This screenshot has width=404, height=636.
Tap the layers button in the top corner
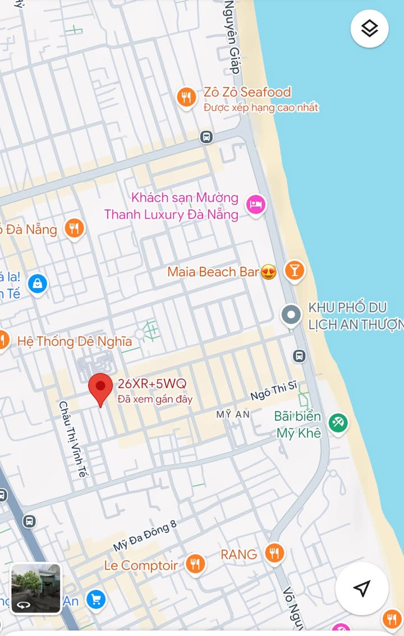pyautogui.click(x=369, y=29)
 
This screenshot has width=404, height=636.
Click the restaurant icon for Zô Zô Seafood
pyautogui.click(x=186, y=98)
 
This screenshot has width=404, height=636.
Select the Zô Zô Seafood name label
pyautogui.click(x=247, y=92)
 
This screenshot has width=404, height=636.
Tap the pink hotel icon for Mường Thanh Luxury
pyautogui.click(x=256, y=204)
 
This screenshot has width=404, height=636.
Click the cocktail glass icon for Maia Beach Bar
pyautogui.click(x=293, y=271)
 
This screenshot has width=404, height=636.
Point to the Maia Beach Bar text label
pyautogui.click(x=213, y=272)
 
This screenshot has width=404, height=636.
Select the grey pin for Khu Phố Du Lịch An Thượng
pyautogui.click(x=291, y=315)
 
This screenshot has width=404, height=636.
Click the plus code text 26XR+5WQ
pyautogui.click(x=151, y=385)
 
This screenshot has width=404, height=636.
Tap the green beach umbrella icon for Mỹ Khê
pyautogui.click(x=338, y=423)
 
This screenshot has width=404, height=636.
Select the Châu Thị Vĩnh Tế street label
pyautogui.click(x=74, y=439)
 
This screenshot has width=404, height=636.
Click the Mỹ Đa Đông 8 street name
pyautogui.click(x=145, y=536)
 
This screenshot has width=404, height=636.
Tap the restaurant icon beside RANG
pyautogui.click(x=274, y=553)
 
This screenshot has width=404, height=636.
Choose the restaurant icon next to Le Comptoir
pyautogui.click(x=195, y=564)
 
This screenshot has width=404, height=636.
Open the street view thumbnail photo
pyautogui.click(x=36, y=588)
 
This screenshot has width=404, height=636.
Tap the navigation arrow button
pyautogui.click(x=362, y=588)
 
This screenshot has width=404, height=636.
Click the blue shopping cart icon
pyautogui.click(x=96, y=600)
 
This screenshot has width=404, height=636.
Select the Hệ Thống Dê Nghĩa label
pyautogui.click(x=75, y=341)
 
